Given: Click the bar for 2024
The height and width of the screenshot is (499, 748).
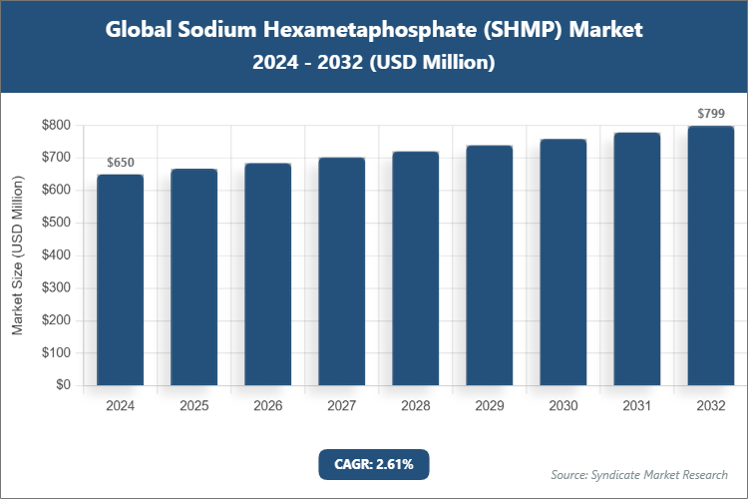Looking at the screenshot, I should point(121,279).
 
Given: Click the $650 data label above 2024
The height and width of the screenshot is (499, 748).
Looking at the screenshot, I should point(121,163).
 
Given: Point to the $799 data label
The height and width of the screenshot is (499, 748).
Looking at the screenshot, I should point(711,114).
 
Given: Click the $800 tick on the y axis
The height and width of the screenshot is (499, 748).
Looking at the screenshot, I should point(56,125).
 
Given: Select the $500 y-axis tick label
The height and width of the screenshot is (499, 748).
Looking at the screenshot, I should point(56,223).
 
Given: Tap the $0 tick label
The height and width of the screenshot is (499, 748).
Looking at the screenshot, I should point(63,385).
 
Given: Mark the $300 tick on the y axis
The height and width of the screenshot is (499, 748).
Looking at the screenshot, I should point(56,287).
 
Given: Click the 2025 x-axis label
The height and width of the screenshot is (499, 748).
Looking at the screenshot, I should point(194,406).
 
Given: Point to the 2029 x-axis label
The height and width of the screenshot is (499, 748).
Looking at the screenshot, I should point(490,406).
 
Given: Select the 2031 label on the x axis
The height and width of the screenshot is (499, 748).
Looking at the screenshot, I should point(637,406).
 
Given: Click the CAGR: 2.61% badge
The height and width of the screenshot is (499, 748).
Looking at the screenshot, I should point(373,464).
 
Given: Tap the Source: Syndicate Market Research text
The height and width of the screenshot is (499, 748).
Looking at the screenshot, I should point(639,474).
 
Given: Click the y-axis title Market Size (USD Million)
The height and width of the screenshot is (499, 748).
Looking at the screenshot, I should point(17,255).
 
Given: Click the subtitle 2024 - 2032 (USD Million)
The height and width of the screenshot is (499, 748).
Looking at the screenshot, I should point(373,62).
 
